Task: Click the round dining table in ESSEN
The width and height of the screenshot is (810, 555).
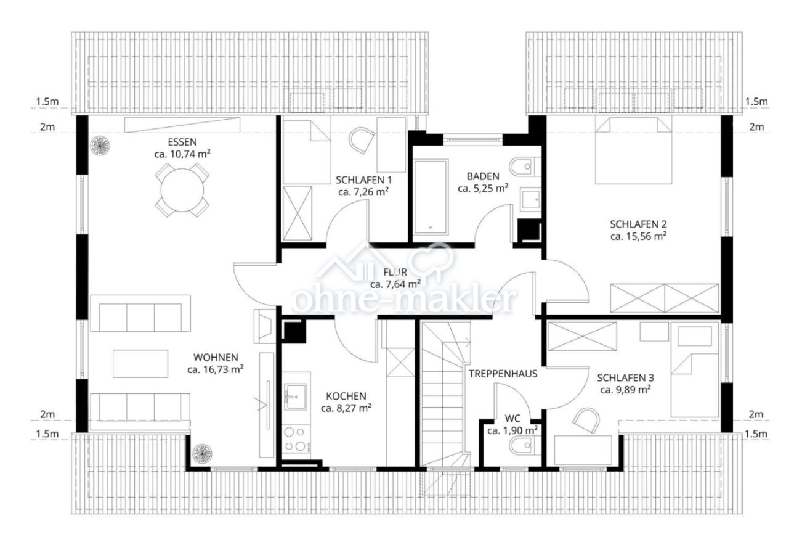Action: point(182,190)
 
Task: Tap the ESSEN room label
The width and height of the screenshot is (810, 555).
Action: point(182,142)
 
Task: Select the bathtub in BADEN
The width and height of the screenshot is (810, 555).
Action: point(431,197)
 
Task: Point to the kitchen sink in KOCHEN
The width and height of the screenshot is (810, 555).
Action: point(296,397)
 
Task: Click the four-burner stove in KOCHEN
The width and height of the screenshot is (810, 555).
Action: point(296,440)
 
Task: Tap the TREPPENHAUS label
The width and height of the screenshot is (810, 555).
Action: point(503,374)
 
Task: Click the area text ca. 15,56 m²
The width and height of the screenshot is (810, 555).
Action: point(638,236)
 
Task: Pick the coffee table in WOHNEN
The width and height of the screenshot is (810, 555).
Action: point(140,363)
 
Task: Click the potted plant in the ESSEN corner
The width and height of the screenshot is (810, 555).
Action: point(100,146)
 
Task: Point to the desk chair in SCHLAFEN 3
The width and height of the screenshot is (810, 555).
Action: point(586,421)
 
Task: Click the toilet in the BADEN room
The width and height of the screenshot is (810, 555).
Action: point(525,166)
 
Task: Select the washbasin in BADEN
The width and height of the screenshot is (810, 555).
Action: point(531,199)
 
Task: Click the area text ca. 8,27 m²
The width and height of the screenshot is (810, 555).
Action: point(346,408)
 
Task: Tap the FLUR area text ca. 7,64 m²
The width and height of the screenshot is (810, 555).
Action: point(395,284)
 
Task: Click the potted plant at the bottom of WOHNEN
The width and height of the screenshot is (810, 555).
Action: point(202,454)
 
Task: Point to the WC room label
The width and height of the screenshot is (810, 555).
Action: point(512,419)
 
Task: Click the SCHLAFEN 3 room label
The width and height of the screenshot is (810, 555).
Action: point(626,378)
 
